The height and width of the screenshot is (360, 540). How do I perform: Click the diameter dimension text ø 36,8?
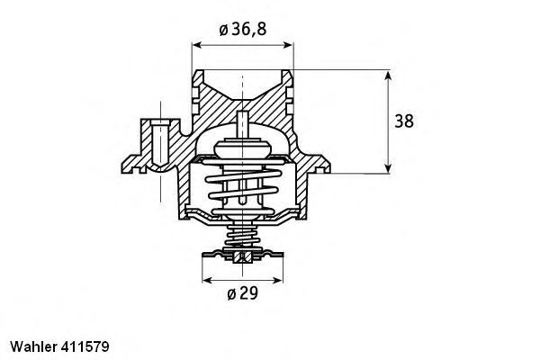pyautogui.click(x=242, y=31)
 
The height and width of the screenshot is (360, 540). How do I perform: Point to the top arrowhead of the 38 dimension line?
pyautogui.click(x=387, y=74)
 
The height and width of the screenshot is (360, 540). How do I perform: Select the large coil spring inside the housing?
pyautogui.click(x=242, y=190)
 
